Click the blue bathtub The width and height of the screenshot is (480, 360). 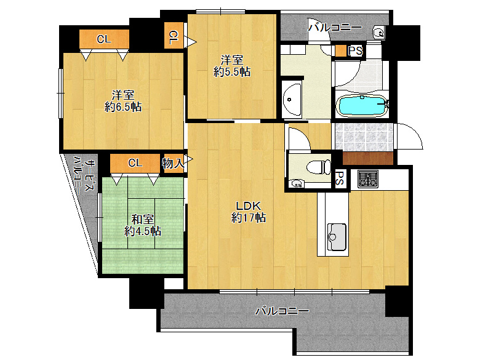[x=362, y=106]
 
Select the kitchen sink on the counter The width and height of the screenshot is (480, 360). [x=337, y=237]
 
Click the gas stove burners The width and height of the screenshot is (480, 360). [x=368, y=179]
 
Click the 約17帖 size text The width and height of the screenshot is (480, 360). [x=248, y=217]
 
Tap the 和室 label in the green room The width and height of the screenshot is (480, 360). [x=142, y=219]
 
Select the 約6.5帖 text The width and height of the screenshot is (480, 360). [x=122, y=107]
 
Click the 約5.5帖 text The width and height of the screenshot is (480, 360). [x=232, y=71]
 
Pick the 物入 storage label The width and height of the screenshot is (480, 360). [x=173, y=164]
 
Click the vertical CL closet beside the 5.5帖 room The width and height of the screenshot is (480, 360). [x=174, y=35]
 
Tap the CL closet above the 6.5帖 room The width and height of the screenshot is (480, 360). [x=104, y=39]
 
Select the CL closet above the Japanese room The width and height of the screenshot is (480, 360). [x=135, y=163]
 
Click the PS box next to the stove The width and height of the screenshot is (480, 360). [x=340, y=178]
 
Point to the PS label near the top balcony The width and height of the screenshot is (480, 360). [x=356, y=50]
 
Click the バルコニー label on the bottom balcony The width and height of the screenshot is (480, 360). [x=282, y=311]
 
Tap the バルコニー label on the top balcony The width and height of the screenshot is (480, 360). [x=335, y=28]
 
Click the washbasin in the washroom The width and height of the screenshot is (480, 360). [x=292, y=99]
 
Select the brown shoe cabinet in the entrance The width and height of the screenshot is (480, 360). [x=367, y=158]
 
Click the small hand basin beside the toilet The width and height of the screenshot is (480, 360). [x=297, y=183]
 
